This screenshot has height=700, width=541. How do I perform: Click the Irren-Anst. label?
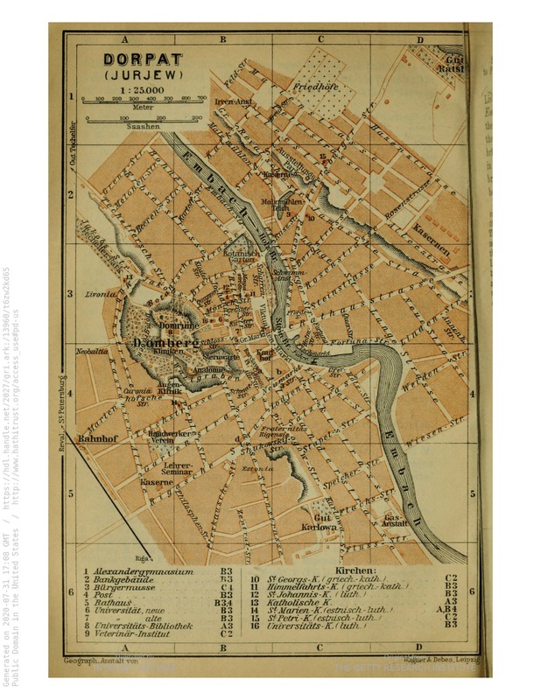point(233,101)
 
